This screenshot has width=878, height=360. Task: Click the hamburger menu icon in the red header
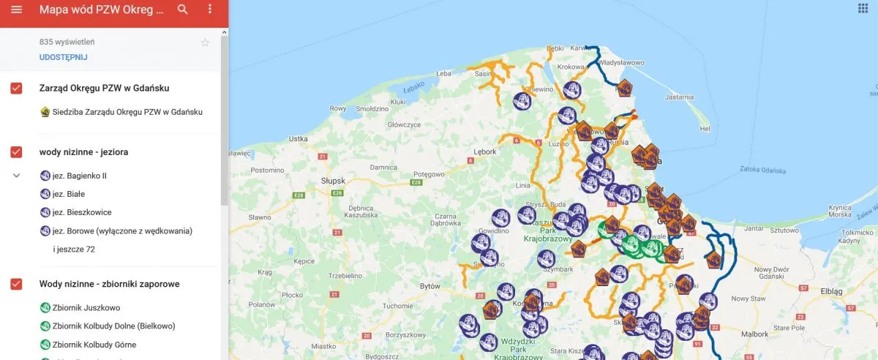point(17,10)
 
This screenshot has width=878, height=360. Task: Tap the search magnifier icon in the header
point(183,10)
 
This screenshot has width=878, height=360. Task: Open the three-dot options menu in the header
point(210,10)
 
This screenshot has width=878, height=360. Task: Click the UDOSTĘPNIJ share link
point(64,57)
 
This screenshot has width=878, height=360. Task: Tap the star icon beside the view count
point(206,42)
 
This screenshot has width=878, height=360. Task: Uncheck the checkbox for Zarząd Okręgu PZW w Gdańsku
point(16,89)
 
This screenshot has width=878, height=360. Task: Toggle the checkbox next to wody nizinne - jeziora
point(16,152)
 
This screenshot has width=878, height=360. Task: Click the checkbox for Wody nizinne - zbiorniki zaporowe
point(16,284)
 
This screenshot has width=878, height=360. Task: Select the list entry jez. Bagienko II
point(79,176)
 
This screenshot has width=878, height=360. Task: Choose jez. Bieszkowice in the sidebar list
point(81,212)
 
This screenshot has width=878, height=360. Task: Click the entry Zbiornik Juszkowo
point(86,308)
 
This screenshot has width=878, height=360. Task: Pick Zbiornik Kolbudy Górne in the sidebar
point(94,345)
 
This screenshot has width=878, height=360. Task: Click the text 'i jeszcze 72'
point(74,249)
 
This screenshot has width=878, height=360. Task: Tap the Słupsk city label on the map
point(333,179)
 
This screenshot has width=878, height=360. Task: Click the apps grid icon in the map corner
point(863,8)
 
